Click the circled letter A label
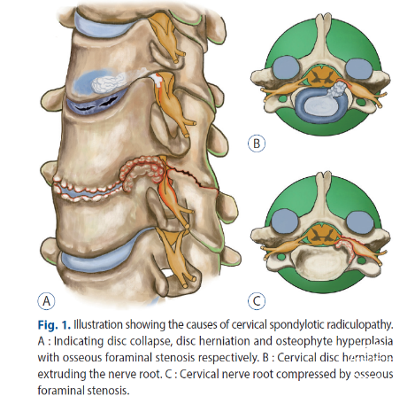coord(46,301)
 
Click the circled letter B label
coord(257,144)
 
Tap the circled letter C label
coord(257,301)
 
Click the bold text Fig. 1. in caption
coord(54,325)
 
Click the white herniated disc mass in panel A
coord(108,83)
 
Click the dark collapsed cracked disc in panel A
coord(95,105)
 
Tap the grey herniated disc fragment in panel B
coord(337,90)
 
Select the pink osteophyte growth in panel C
coord(348,251)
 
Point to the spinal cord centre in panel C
coord(321,233)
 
